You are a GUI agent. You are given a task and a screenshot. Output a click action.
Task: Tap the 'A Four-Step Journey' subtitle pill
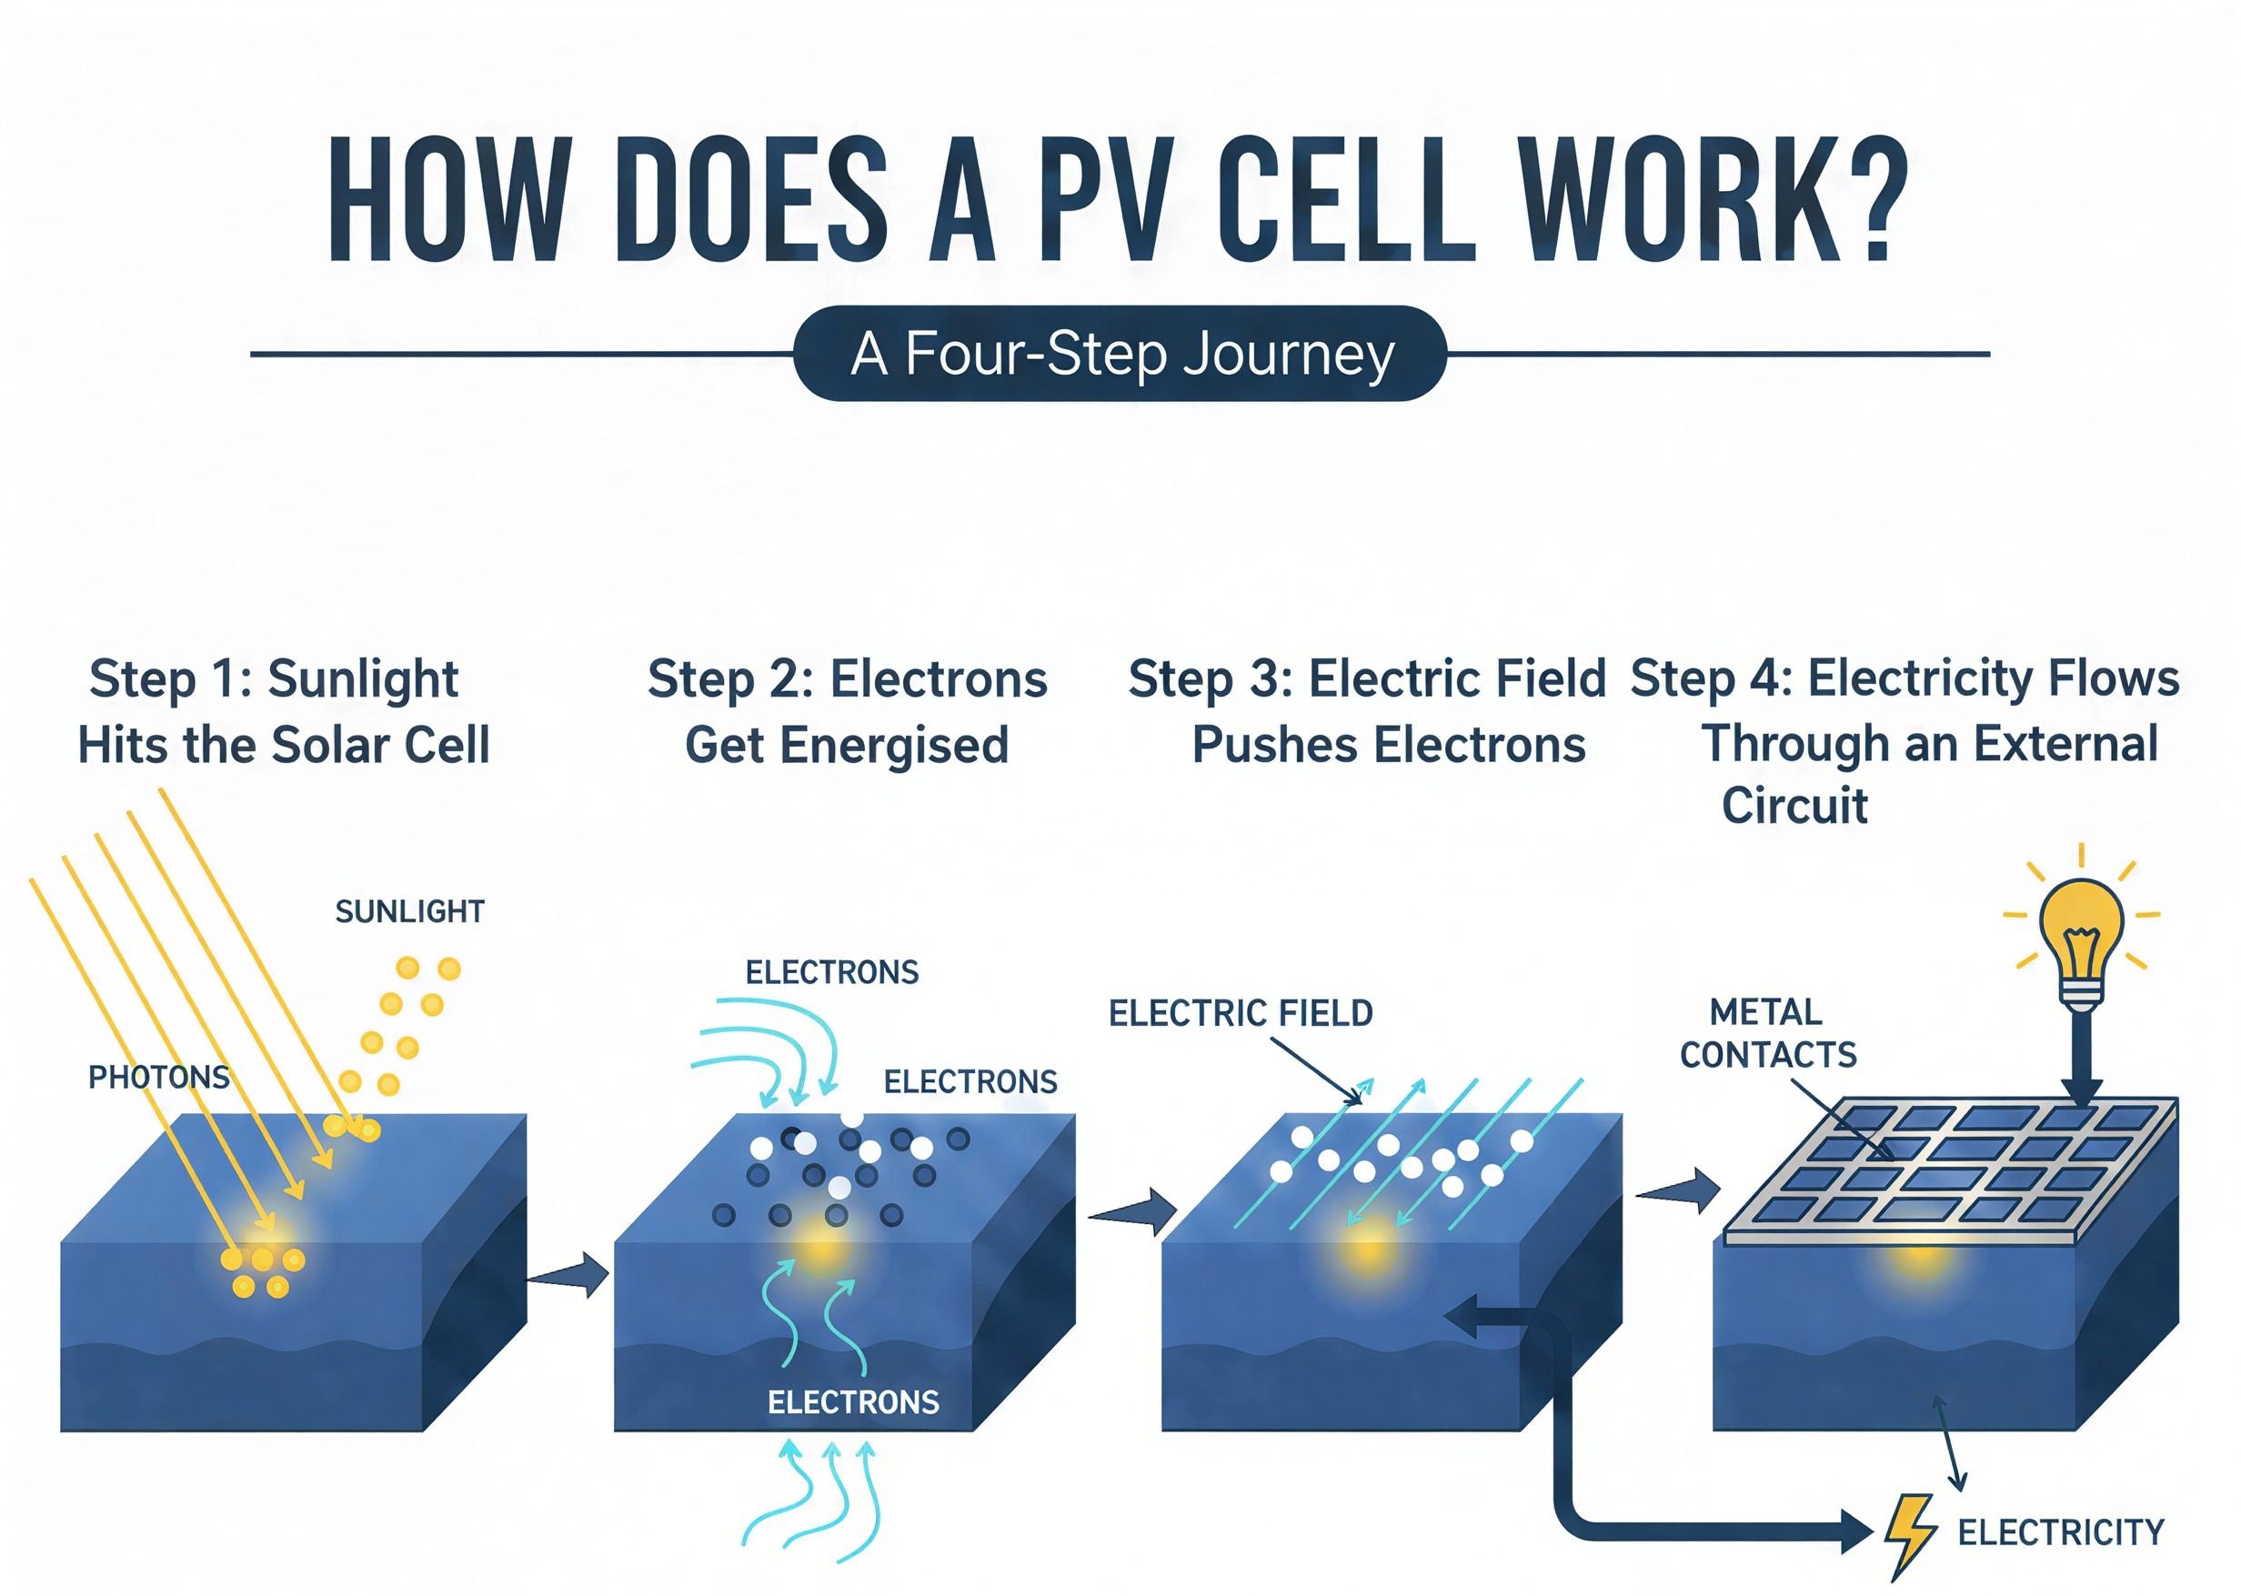[x=1120, y=354]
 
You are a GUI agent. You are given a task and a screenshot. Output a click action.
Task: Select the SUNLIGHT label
[x=410, y=912]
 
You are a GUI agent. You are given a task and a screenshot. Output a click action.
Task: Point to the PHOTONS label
[x=158, y=1077]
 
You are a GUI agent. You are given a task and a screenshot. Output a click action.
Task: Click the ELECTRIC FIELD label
[x=1241, y=1013]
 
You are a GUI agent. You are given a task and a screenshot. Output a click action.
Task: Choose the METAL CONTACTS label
[x=1767, y=1034]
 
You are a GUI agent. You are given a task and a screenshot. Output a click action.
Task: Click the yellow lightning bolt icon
[x=1910, y=1534]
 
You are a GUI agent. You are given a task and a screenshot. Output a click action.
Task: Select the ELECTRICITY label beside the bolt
[x=2061, y=1532]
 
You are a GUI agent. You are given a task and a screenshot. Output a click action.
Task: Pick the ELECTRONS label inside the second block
[x=853, y=1402]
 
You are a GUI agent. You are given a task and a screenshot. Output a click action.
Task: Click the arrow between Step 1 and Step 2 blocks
[x=569, y=1276]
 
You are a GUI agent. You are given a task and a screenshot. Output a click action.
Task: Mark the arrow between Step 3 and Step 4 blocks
[x=1680, y=1191]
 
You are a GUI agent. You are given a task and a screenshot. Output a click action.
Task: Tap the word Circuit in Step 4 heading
[x=1794, y=806]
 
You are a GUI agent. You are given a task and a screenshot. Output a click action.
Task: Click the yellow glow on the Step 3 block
[x=1369, y=1250]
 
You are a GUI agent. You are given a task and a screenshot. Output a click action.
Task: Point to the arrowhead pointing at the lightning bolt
[x=1854, y=1531]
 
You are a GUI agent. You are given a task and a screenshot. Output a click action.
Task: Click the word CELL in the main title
[x=1347, y=202]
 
